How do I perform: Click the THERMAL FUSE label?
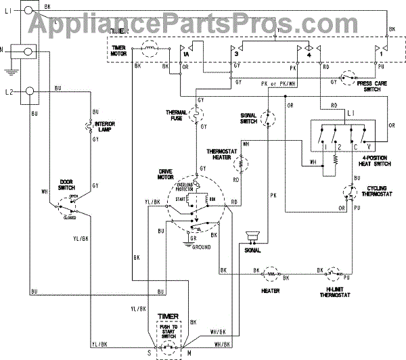pyautogui.click(x=176, y=116)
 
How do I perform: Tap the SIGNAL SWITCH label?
pyautogui.click(x=248, y=118)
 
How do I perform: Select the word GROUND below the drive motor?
pyautogui.click(x=201, y=248)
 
